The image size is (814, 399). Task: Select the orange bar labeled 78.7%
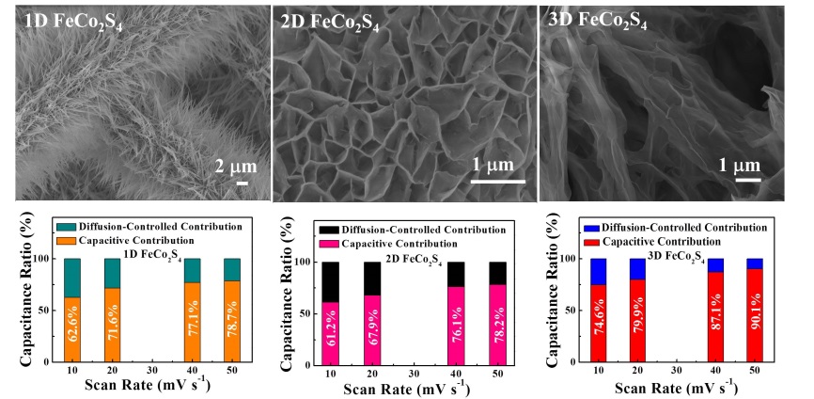coord(234,320)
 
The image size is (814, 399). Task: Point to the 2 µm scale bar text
coord(233,167)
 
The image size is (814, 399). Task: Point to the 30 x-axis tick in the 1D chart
coord(158,374)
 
